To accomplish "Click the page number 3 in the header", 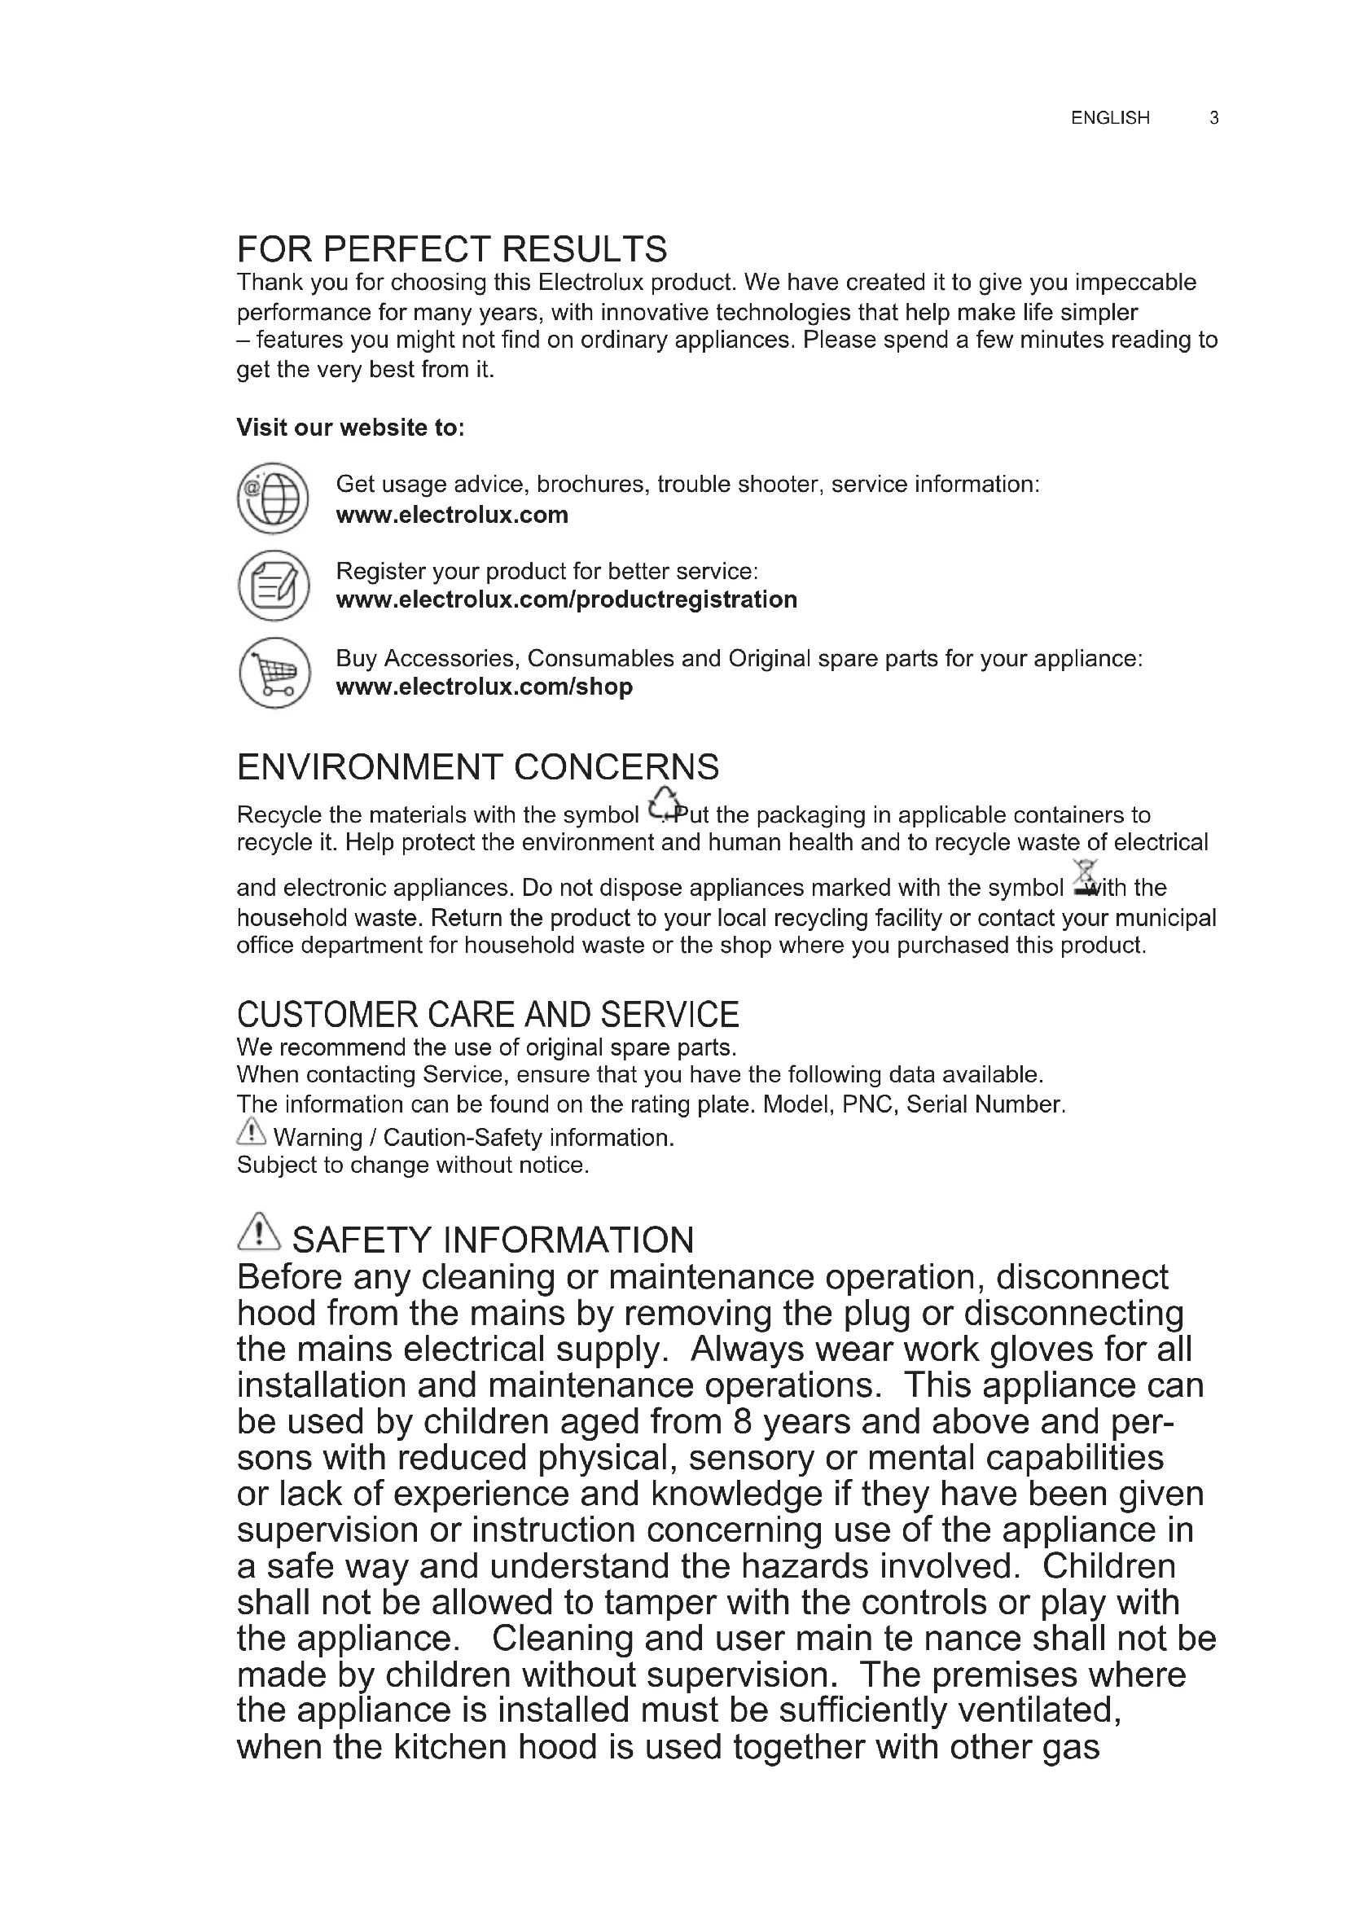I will (x=1213, y=118).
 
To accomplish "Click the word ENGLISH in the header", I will (x=1110, y=118).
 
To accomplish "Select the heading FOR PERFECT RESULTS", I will (x=452, y=249).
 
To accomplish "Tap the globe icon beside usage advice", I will (x=273, y=498).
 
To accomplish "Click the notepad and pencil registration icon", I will (x=273, y=585).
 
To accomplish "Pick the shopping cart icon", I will (x=274, y=672).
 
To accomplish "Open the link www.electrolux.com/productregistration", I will (x=567, y=599).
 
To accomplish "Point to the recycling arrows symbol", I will (x=663, y=803).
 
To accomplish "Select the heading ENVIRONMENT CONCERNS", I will (x=478, y=766).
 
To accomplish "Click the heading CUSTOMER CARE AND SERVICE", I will (x=488, y=1014).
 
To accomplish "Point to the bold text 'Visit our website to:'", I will (x=350, y=428).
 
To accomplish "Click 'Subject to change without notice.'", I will (x=413, y=1165).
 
